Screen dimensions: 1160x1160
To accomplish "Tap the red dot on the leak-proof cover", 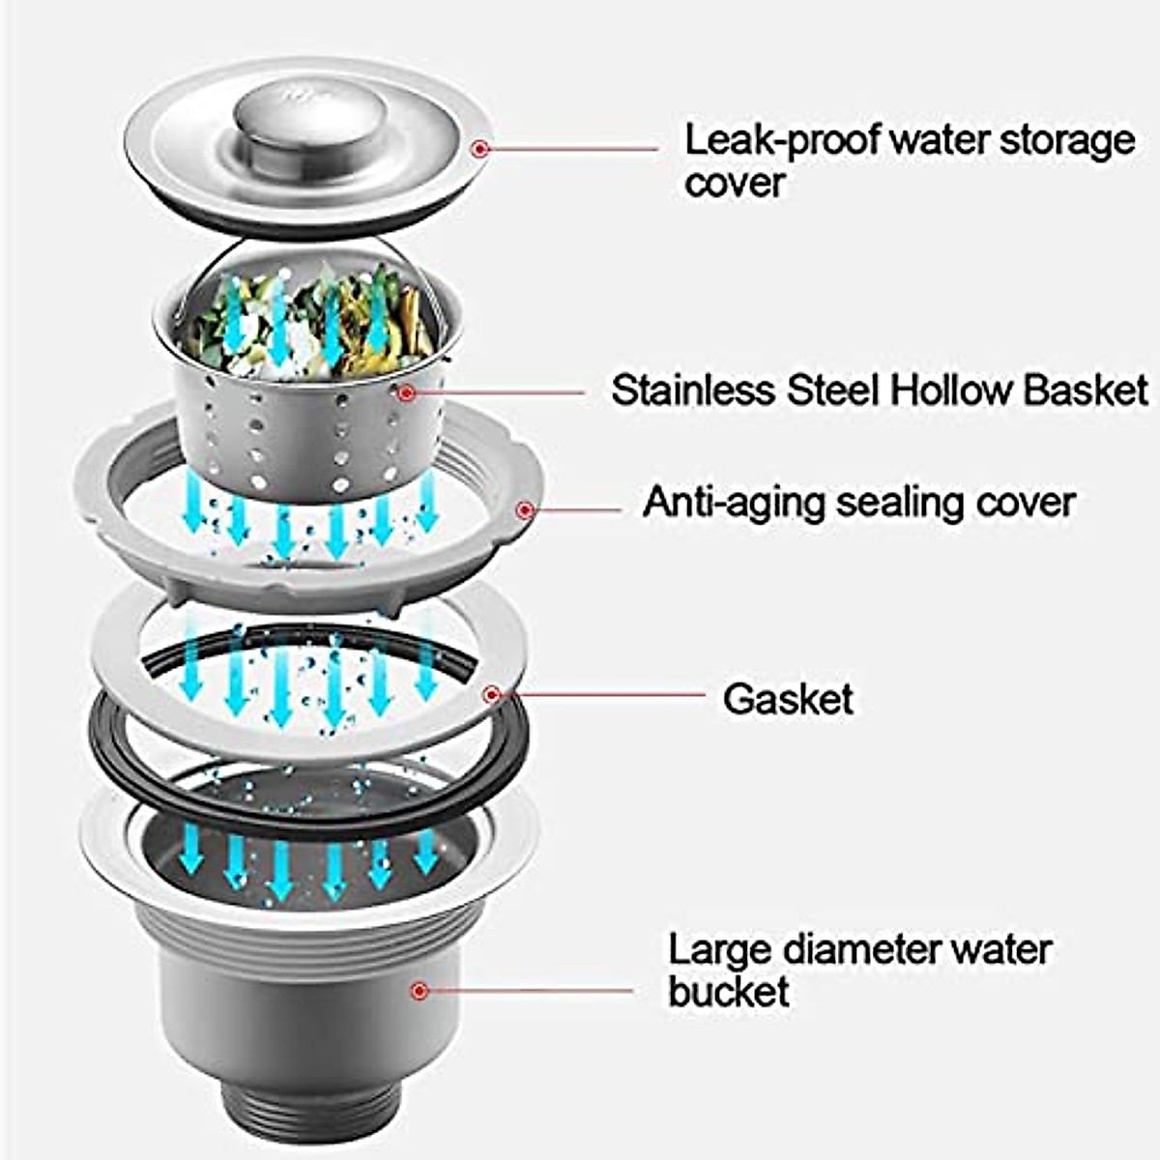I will click(x=480, y=148).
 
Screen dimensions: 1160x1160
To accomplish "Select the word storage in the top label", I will click(x=1067, y=142).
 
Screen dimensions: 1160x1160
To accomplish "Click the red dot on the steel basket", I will click(x=407, y=392).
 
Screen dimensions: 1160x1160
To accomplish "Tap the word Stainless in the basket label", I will click(x=693, y=391).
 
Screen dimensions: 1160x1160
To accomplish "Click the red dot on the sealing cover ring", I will click(x=525, y=508).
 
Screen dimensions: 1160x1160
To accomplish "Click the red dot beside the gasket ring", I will click(x=492, y=693).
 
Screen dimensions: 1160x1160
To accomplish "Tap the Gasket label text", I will click(x=788, y=699).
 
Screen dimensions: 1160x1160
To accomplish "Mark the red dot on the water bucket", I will click(x=419, y=990).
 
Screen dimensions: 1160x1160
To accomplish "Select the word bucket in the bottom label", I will click(x=728, y=993).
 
